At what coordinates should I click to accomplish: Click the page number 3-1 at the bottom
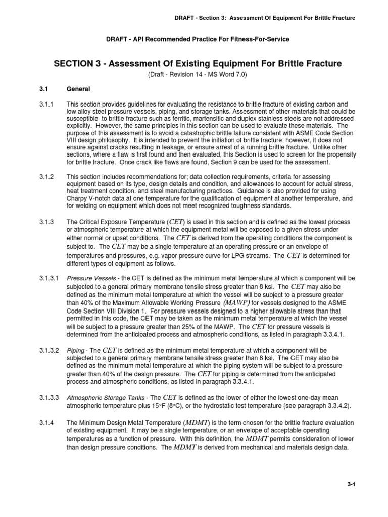coord(352,484)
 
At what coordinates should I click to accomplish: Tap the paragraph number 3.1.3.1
coord(50,278)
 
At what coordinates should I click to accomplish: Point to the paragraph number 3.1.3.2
coord(50,350)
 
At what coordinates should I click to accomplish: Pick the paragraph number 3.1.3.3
coord(50,398)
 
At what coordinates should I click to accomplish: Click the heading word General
coord(78,89)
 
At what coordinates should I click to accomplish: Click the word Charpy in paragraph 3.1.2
coord(78,199)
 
